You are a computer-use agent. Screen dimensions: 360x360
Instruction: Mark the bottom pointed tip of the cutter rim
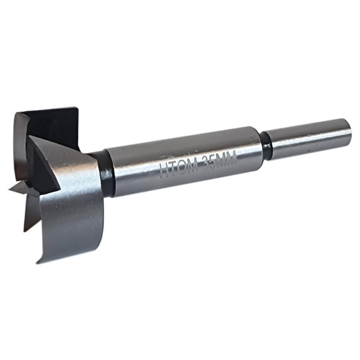(38, 262)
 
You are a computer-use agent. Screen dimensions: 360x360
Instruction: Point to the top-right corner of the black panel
(77, 108)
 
